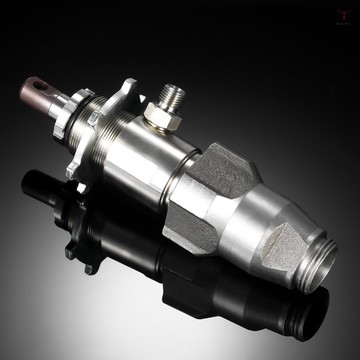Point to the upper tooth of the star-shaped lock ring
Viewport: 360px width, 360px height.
[x=129, y=87]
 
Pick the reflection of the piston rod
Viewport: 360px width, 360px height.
[x=45, y=190]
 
